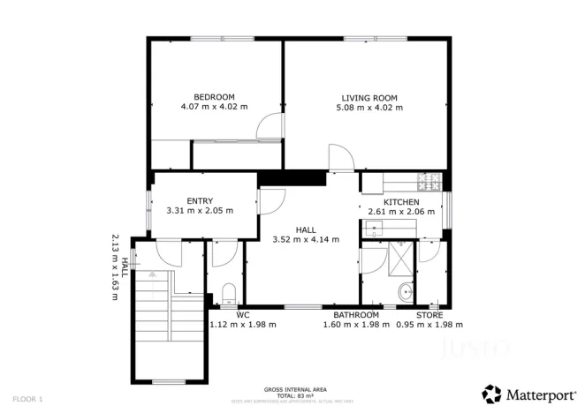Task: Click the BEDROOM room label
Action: (x=214, y=97)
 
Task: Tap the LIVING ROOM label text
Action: (x=369, y=98)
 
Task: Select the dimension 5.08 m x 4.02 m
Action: (x=369, y=108)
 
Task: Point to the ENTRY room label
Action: (x=200, y=201)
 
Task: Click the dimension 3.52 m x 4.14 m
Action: (x=306, y=239)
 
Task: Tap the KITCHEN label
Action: (x=400, y=202)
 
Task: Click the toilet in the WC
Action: (x=228, y=294)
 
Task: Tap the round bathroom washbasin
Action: (x=406, y=292)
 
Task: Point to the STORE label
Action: (x=429, y=315)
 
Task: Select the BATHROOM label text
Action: (x=356, y=315)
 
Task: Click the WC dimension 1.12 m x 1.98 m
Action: (x=243, y=325)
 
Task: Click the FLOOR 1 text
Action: (x=27, y=399)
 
